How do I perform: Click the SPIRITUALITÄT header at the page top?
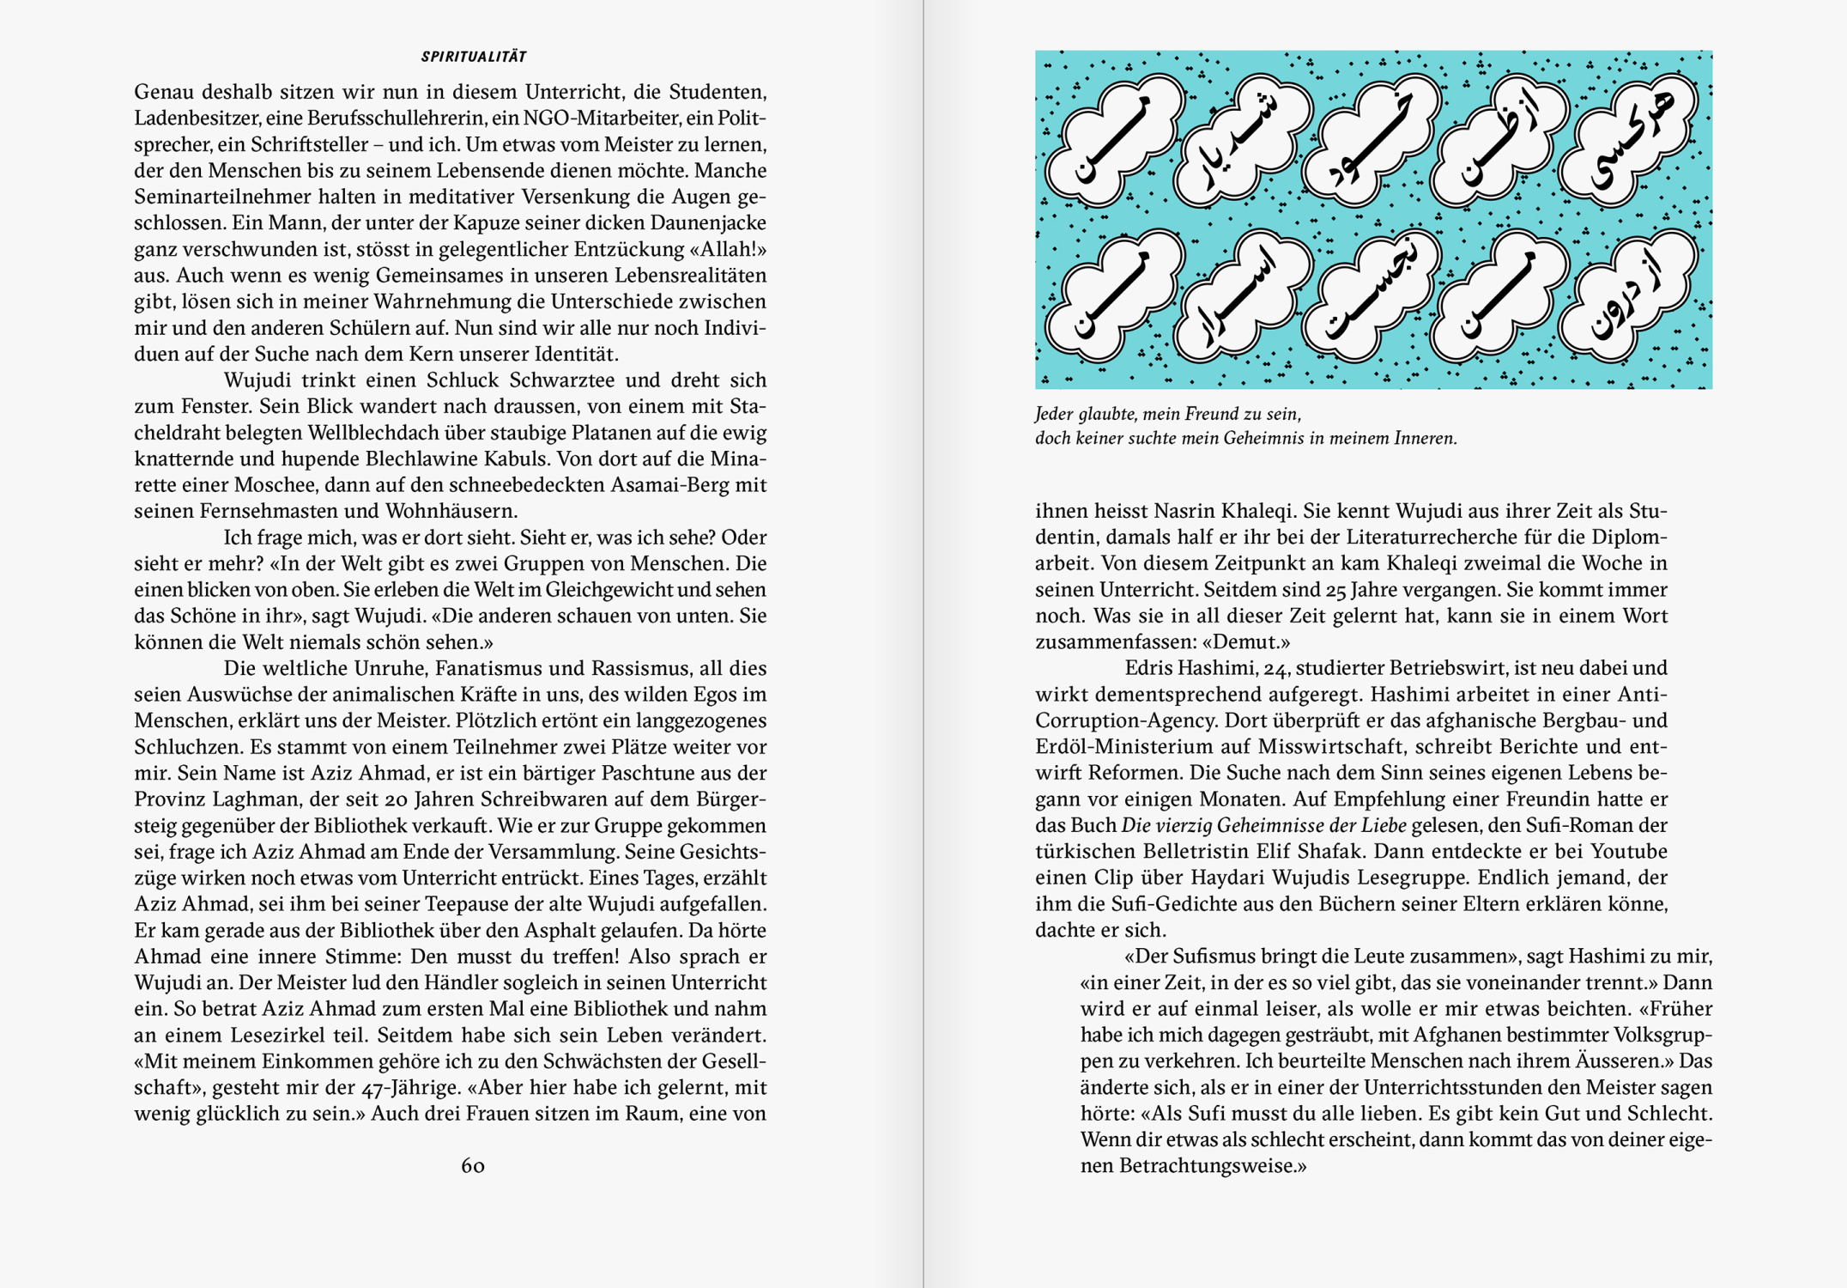tap(474, 57)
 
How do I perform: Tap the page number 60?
tap(473, 1166)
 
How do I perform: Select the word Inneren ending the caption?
tap(1426, 439)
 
